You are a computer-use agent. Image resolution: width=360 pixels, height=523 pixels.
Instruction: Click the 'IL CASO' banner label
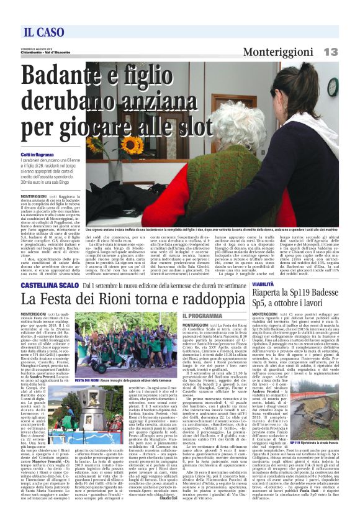(x=44, y=32)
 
